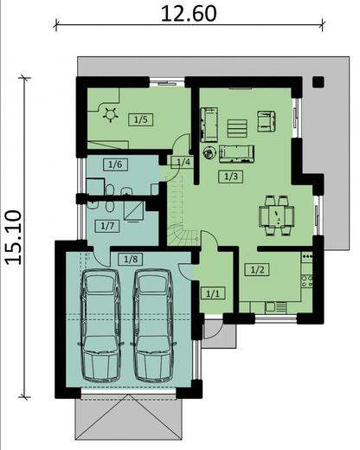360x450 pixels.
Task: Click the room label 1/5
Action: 140,119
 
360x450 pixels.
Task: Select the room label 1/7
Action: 107,226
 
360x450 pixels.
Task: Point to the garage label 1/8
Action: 130,258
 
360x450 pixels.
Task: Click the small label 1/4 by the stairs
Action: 182,162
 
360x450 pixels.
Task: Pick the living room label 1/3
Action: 230,177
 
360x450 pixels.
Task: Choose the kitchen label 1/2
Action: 257,270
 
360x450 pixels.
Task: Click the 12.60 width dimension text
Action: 188,14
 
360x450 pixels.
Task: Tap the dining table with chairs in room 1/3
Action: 276,212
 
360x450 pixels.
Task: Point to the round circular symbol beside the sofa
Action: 208,154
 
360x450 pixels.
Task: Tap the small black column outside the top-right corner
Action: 317,83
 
